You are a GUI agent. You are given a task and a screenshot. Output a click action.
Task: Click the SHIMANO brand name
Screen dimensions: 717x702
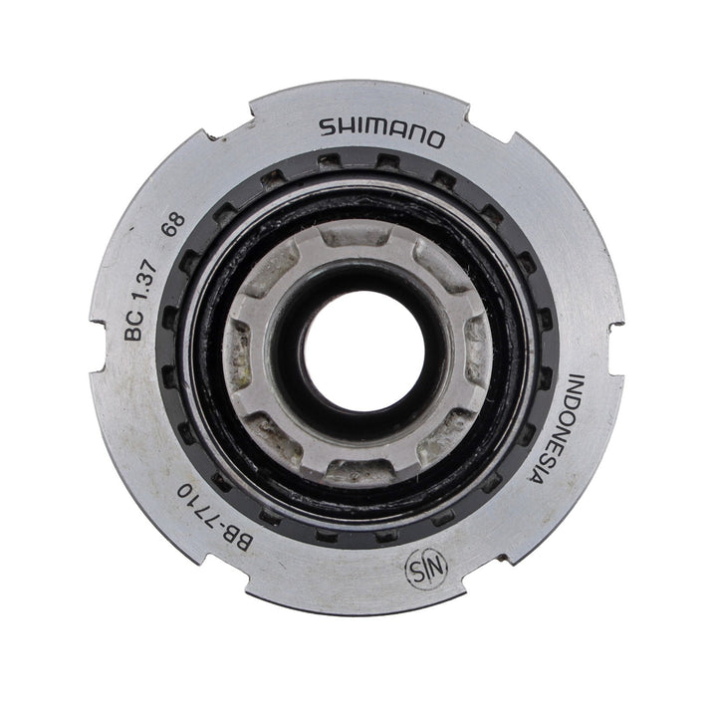[381, 132]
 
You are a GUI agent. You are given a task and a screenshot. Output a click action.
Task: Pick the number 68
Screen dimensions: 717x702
[174, 224]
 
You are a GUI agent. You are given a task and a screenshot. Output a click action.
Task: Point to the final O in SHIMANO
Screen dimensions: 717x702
[434, 139]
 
